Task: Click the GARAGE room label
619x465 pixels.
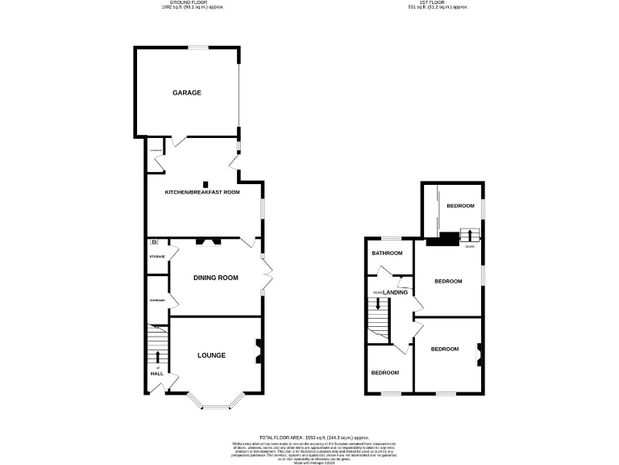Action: (x=186, y=93)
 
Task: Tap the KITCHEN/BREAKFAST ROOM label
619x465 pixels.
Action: (x=202, y=192)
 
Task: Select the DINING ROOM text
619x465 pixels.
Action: (x=216, y=278)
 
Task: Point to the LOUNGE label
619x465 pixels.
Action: (x=212, y=355)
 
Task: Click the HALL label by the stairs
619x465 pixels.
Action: (x=156, y=374)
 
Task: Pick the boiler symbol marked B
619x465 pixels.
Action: (x=154, y=243)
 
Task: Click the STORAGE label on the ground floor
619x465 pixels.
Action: (x=156, y=257)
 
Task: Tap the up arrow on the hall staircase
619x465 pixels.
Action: (x=157, y=357)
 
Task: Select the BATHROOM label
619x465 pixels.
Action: (x=387, y=253)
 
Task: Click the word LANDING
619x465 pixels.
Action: (x=395, y=292)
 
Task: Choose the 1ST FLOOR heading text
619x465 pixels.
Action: (x=438, y=3)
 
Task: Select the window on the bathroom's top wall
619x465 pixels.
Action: (x=392, y=238)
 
